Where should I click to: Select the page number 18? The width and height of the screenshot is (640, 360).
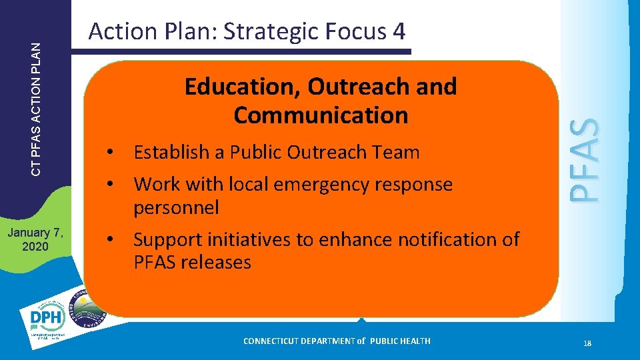point(587,343)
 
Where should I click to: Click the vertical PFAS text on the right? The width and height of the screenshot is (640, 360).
point(587,160)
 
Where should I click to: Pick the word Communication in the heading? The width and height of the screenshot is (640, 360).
point(321,115)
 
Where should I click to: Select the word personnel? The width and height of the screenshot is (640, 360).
point(176,208)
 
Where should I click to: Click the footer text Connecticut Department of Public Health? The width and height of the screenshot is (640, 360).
point(337,341)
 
